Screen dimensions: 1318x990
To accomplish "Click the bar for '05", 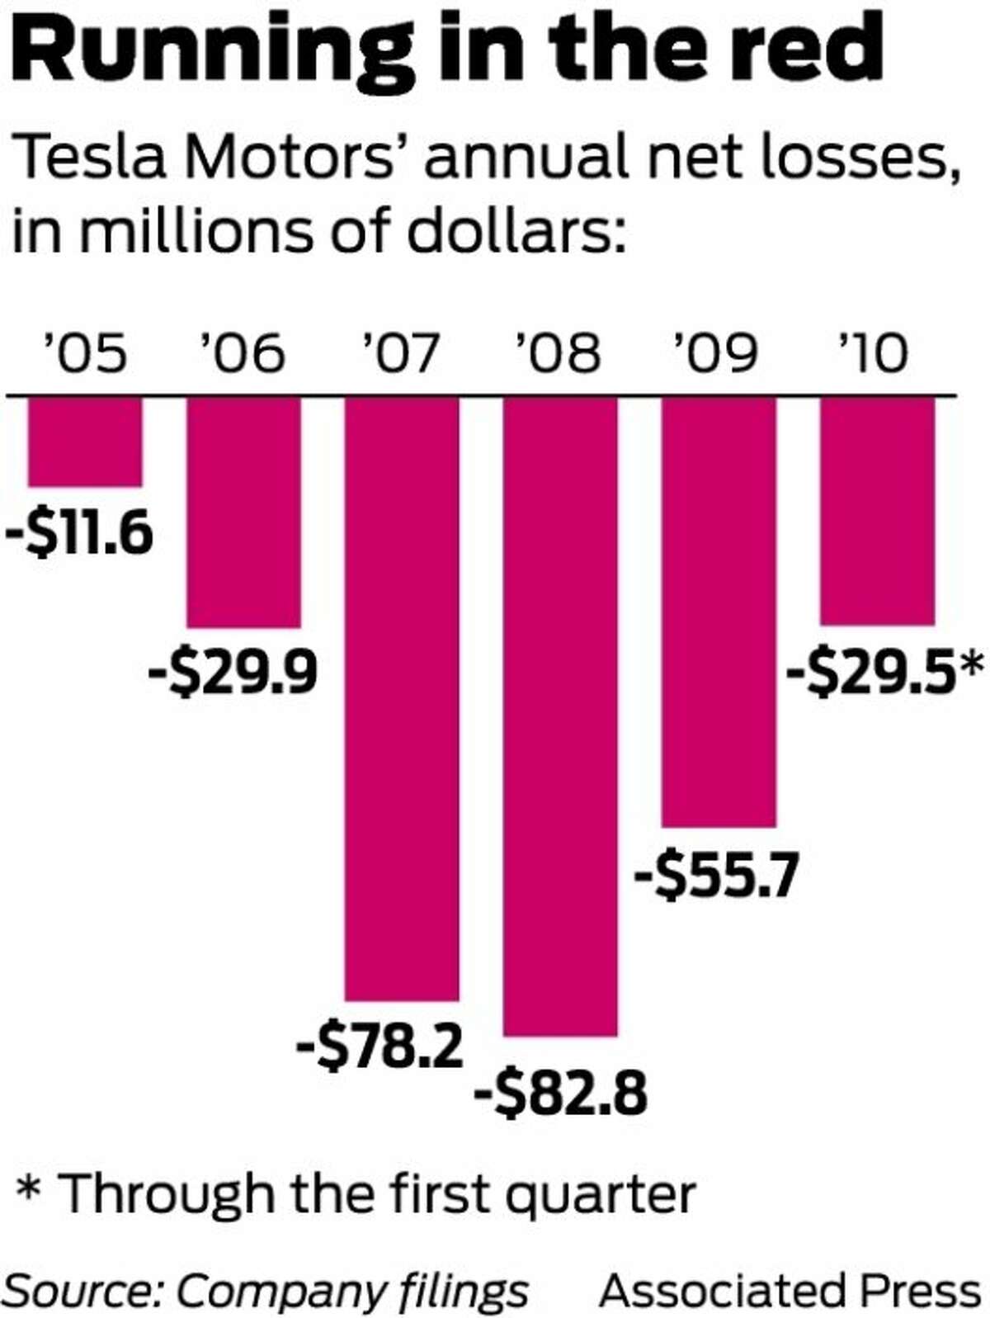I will (x=85, y=442).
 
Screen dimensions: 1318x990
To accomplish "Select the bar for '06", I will (x=243, y=513).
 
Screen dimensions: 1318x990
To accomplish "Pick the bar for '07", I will (x=402, y=698).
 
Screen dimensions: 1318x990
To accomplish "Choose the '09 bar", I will (x=719, y=612).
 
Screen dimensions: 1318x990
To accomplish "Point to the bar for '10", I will (x=877, y=511).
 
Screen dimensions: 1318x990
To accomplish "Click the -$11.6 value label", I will (x=80, y=533).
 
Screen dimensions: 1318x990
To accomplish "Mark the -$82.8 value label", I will (x=561, y=1094).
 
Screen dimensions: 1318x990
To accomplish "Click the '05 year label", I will (x=85, y=354).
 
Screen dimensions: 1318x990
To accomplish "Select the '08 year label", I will (x=558, y=354).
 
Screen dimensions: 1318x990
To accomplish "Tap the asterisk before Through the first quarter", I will (x=31, y=1193).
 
